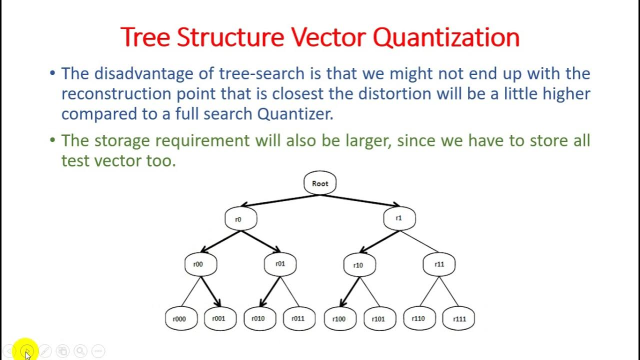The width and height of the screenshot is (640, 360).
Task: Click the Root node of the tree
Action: [x=320, y=183]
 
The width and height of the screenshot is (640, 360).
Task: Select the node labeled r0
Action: [x=240, y=219]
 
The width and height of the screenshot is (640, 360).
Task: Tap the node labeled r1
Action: [x=399, y=218]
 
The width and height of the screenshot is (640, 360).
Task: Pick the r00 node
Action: [x=200, y=264]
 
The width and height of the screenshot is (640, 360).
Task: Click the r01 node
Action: [x=280, y=264]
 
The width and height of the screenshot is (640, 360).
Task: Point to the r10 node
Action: [x=359, y=265]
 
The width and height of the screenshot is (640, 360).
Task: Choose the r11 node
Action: [x=439, y=264]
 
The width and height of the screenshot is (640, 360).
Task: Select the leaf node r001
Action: [x=220, y=318]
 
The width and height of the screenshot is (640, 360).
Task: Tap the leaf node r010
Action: [x=259, y=318]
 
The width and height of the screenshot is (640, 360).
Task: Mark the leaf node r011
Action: [x=299, y=318]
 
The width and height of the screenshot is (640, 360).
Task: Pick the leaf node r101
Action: [x=379, y=319]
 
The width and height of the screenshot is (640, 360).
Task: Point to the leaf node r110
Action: [x=419, y=318]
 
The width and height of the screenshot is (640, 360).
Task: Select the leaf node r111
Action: [x=458, y=319]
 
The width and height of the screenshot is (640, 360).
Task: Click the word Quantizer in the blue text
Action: [x=294, y=114]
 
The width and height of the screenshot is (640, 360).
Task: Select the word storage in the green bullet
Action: [x=122, y=140]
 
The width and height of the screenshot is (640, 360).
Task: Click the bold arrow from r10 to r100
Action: [x=350, y=291]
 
